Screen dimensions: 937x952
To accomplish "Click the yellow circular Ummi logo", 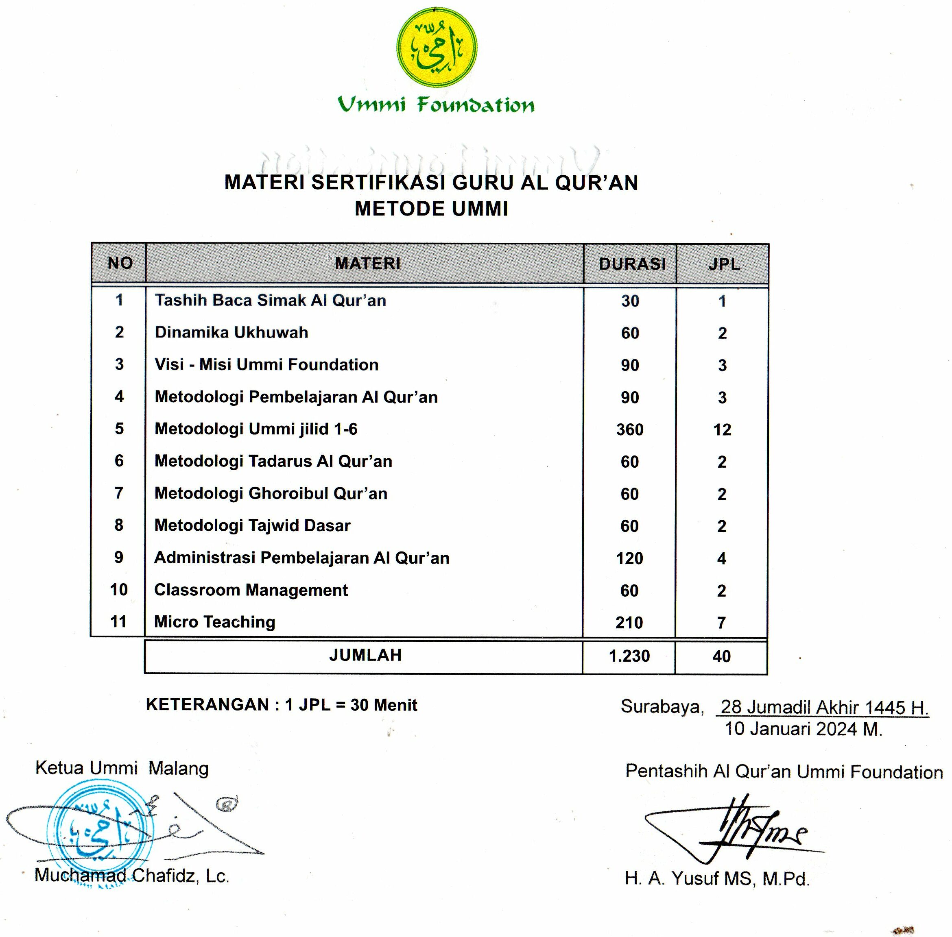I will coord(436,48).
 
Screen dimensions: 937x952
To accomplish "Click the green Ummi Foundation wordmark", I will coord(436,105).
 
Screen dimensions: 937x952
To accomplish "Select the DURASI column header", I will coord(632,264).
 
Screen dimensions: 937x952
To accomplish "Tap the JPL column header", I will coord(724,264).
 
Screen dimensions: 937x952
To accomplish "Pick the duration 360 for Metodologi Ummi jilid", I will coord(629,429).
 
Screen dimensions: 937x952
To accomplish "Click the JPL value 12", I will coord(722,429).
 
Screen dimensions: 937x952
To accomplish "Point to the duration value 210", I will coord(629,623).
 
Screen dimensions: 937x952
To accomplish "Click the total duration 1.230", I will coord(629,656).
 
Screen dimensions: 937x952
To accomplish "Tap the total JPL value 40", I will coord(722,656).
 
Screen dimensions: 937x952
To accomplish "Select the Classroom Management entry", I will coord(251,590).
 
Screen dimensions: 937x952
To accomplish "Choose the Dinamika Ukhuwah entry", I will coord(231,333).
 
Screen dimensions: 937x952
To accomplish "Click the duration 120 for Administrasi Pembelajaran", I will coord(629,558).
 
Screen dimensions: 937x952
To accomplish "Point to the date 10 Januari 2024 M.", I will coord(804,729).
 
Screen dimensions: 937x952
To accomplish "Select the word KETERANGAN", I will coord(207,705).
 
